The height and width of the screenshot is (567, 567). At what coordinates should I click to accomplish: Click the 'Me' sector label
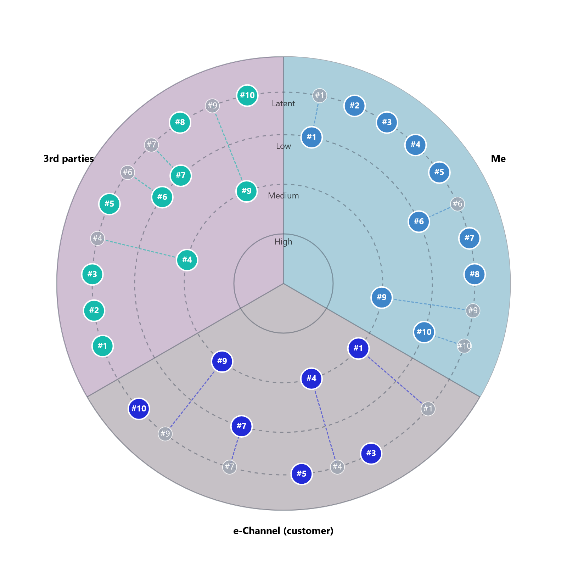point(498,159)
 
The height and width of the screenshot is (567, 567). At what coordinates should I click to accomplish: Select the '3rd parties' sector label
point(68,159)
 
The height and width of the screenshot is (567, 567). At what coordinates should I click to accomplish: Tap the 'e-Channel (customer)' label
point(283,531)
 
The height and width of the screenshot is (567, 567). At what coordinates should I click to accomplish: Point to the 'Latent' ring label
point(283,103)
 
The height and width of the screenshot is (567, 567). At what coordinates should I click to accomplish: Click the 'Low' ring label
point(283,146)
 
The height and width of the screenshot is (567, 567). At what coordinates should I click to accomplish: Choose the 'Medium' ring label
point(283,196)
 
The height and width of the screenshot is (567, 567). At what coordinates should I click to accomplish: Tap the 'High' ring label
point(283,242)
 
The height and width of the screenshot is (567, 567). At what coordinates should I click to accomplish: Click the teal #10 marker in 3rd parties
point(247,95)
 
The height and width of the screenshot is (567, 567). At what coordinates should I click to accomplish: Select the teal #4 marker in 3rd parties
point(187,260)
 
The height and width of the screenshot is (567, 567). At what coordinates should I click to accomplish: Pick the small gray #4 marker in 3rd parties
point(97,238)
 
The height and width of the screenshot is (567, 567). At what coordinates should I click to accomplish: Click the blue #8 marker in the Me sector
point(474,274)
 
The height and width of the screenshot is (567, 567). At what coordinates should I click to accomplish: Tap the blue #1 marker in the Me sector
point(311,137)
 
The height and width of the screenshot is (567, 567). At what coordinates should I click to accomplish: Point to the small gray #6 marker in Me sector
point(457,204)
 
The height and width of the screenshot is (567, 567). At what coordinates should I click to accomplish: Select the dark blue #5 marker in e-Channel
point(301,474)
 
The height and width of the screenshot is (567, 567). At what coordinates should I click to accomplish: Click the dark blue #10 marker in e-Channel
point(139,409)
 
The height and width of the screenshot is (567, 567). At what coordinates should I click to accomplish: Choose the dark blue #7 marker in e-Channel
point(241,426)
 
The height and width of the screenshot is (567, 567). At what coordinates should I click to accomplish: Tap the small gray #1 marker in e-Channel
point(428,409)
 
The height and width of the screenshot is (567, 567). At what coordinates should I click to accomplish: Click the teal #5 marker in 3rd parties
point(109,204)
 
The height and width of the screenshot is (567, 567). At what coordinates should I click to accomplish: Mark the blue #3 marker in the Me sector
point(387,122)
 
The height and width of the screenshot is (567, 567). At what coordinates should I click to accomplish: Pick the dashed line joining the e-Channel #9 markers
point(193,397)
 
